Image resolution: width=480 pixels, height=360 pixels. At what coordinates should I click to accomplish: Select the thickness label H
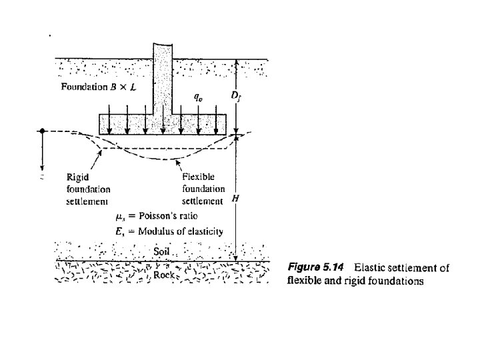[233, 199]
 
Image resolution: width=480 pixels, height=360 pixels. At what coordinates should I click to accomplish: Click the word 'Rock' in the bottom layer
[163, 274]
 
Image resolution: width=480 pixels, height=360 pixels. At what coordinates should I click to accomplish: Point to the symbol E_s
[120, 232]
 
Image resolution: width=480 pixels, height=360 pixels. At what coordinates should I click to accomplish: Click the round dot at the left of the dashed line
[42, 131]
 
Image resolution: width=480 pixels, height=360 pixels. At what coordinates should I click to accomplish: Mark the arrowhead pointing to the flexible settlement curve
[177, 161]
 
